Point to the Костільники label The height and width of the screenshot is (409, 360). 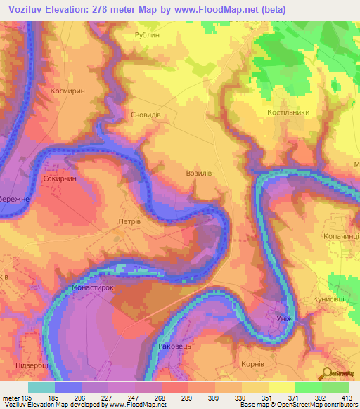(288, 112)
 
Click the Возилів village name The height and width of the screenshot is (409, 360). (198, 172)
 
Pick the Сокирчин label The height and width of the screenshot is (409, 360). (58, 179)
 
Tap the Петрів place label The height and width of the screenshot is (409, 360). (128, 221)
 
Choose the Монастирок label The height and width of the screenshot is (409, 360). (93, 287)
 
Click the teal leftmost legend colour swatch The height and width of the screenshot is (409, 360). (41, 387)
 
